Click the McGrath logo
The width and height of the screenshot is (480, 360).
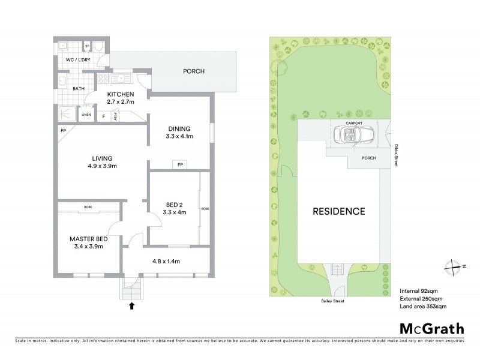coord(431,328)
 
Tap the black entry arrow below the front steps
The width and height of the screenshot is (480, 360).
coord(132,307)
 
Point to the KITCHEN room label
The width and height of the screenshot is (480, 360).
coord(121,94)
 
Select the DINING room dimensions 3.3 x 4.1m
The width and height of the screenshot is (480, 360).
coord(179,136)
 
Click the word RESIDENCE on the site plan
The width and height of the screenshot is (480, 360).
coord(338,211)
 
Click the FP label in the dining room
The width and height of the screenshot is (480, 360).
coord(179,164)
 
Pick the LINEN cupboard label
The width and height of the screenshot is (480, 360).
coord(86,114)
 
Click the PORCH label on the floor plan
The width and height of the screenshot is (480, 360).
coord(193,71)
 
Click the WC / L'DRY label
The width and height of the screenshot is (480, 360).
coord(79,60)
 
